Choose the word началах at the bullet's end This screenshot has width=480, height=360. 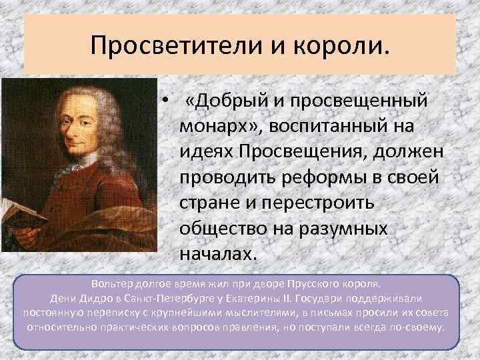point(215,254)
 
